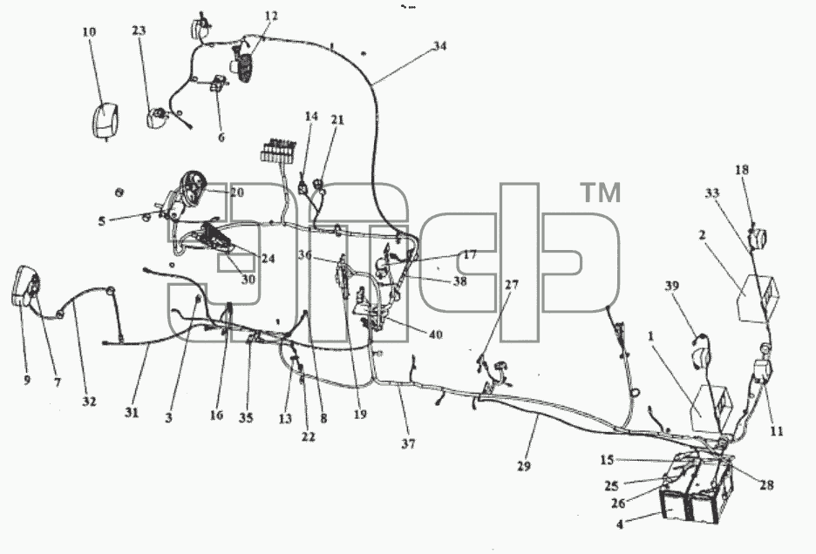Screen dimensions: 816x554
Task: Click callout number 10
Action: [x=89, y=32]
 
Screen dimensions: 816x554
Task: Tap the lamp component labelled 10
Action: [x=105, y=120]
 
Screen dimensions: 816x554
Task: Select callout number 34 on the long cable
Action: [x=439, y=46]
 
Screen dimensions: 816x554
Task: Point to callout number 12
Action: [x=271, y=16]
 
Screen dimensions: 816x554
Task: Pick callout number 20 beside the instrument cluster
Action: [x=237, y=193]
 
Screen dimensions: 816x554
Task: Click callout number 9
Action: [x=27, y=381]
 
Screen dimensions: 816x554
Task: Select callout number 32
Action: [x=89, y=402]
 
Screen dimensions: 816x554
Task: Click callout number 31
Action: [x=132, y=413]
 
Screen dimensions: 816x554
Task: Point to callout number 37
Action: [x=409, y=443]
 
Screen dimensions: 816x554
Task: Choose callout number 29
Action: [x=524, y=466]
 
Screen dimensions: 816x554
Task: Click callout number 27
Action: [x=512, y=285]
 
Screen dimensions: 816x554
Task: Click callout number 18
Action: [x=742, y=170]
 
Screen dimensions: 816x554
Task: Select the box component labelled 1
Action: [x=711, y=409]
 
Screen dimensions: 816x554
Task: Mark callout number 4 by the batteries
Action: [x=619, y=524]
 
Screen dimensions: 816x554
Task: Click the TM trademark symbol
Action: [x=601, y=193]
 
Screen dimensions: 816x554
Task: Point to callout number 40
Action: [x=435, y=334]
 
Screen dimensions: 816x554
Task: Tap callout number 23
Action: [x=139, y=30]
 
